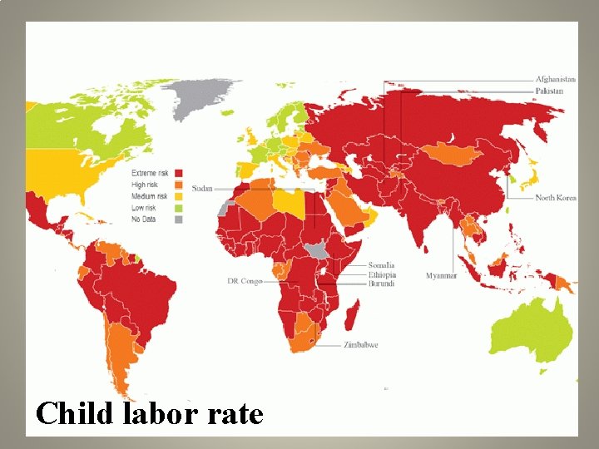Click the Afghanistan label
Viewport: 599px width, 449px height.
point(556,80)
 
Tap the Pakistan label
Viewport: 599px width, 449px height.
point(549,91)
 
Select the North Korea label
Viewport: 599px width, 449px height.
point(555,198)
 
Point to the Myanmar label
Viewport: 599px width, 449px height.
point(441,275)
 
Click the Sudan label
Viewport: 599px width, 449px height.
point(202,189)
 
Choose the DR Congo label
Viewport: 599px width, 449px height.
point(245,281)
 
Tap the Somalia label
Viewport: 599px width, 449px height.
point(383,265)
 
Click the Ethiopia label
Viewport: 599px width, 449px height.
point(383,274)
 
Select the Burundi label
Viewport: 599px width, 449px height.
point(383,284)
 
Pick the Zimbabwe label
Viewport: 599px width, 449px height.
point(360,344)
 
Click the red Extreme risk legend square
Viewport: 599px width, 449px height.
point(177,172)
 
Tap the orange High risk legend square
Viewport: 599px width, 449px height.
point(177,184)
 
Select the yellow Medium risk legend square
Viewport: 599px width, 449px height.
point(177,196)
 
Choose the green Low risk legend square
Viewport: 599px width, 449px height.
point(177,208)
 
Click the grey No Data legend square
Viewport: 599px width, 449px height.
point(177,220)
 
